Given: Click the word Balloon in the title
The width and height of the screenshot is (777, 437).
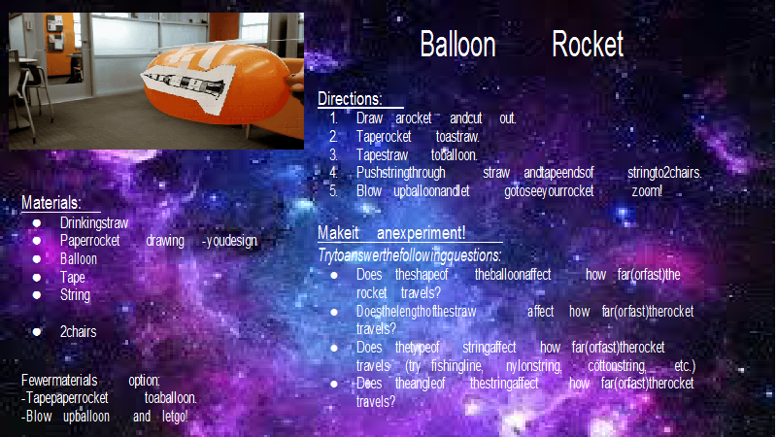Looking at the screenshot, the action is [x=457, y=44].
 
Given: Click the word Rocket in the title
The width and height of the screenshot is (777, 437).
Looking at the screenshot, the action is [x=588, y=44].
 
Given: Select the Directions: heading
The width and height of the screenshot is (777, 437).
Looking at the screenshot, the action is [x=350, y=99].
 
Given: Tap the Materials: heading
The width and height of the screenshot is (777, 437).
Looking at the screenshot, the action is [x=51, y=203].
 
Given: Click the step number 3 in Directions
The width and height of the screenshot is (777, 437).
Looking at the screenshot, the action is [x=333, y=155].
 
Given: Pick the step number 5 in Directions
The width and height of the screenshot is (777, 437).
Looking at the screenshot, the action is [x=333, y=191].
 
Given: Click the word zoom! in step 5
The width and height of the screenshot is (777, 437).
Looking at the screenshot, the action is [x=647, y=191].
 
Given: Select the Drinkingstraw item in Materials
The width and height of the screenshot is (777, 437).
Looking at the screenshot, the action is [x=94, y=223].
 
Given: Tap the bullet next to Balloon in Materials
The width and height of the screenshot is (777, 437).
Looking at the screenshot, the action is [x=37, y=259].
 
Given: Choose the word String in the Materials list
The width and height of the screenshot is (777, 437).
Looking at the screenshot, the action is [x=76, y=295].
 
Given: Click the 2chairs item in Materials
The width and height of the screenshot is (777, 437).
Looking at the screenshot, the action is [x=79, y=331].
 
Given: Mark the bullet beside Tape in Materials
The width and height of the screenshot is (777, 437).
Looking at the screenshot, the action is [x=37, y=278].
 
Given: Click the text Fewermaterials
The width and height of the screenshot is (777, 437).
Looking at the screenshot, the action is [x=59, y=381].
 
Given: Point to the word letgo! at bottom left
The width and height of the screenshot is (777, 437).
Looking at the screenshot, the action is [x=175, y=417].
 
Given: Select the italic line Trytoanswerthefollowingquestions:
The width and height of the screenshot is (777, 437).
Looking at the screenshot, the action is [x=409, y=255].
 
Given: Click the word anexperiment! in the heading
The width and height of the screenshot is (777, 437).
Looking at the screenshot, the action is [x=421, y=233].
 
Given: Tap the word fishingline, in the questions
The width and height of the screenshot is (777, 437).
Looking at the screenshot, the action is [x=456, y=366].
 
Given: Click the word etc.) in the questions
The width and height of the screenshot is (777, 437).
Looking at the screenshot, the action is [x=685, y=366].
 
